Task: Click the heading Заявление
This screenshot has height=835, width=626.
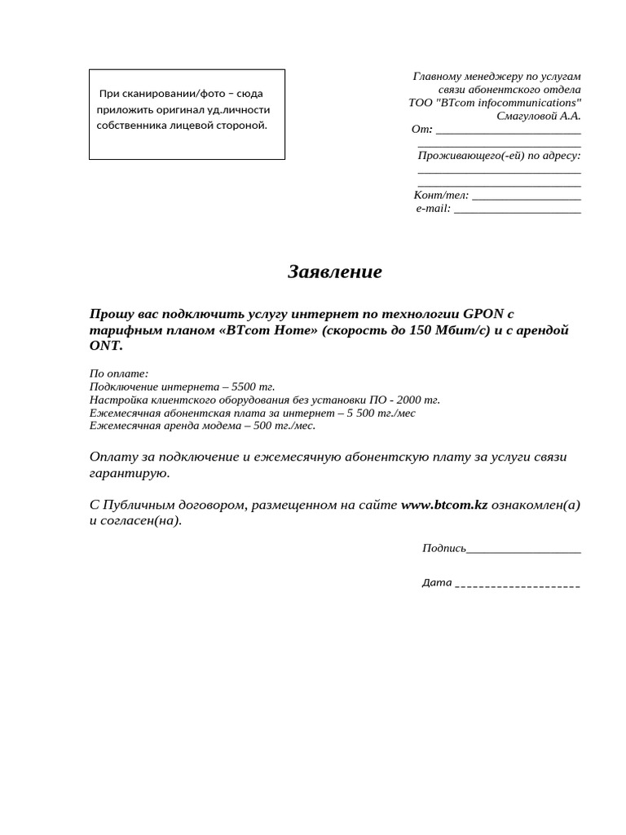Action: [x=334, y=272]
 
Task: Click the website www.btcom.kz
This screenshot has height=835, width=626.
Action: [x=444, y=505]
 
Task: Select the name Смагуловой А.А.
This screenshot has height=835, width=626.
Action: [x=539, y=116]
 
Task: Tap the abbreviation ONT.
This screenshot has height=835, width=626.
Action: [x=105, y=346]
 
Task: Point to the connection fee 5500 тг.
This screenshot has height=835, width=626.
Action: [x=253, y=387]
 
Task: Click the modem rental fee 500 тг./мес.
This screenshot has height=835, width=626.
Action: [x=284, y=425]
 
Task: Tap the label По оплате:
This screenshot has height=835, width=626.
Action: [x=119, y=373]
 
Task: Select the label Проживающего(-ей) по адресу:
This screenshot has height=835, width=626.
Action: [x=499, y=155]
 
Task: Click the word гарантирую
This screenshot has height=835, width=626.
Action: [x=129, y=473]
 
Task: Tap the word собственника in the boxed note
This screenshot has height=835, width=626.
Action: [x=130, y=126]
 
